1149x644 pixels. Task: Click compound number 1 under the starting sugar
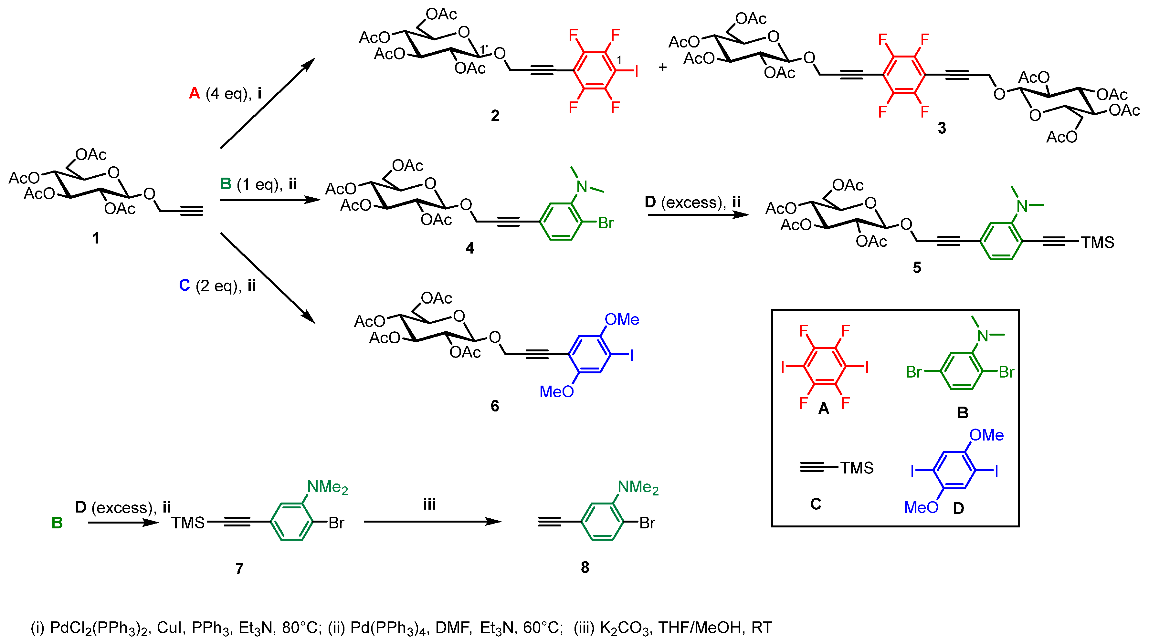click(x=95, y=238)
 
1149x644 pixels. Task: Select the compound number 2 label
click(x=495, y=116)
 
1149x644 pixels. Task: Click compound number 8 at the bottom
click(x=585, y=567)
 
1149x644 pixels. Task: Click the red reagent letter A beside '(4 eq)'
click(x=195, y=94)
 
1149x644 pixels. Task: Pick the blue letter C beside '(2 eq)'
click(x=184, y=286)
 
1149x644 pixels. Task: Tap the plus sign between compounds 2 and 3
click(x=662, y=68)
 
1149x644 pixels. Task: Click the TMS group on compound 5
click(x=1097, y=243)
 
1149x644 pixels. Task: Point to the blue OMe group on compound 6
click(x=621, y=320)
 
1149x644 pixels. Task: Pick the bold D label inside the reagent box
click(x=958, y=508)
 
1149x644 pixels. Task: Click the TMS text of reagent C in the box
click(x=856, y=468)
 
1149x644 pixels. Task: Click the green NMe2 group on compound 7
click(x=327, y=487)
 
